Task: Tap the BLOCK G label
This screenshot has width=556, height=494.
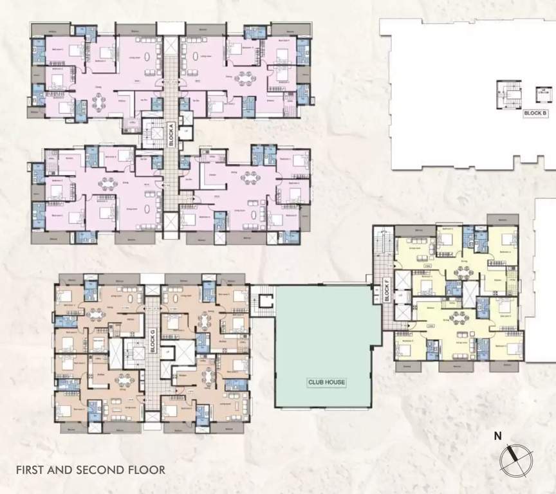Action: [153, 336]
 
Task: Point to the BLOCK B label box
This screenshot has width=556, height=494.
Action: [535, 113]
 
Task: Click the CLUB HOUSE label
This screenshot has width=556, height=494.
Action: [326, 382]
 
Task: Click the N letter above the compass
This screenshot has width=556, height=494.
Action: [497, 436]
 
